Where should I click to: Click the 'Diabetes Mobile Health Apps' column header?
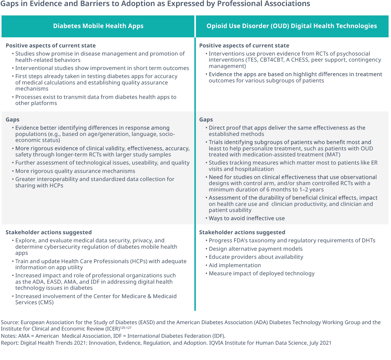(98, 26)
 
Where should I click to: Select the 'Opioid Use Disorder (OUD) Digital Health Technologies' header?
(292, 26)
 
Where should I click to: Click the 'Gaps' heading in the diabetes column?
(12, 120)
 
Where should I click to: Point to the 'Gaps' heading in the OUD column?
(206, 120)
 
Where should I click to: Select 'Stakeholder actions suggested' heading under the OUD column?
(242, 232)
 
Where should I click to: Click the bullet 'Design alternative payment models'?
(255, 249)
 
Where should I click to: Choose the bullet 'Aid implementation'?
(235, 265)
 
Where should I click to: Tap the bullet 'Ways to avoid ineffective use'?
(246, 219)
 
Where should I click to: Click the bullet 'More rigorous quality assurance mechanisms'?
(75, 171)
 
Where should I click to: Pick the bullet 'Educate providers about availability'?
(256, 257)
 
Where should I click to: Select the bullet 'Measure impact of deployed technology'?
(261, 274)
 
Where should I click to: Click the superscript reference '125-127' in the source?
(126, 328)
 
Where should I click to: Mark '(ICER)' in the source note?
(111, 329)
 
